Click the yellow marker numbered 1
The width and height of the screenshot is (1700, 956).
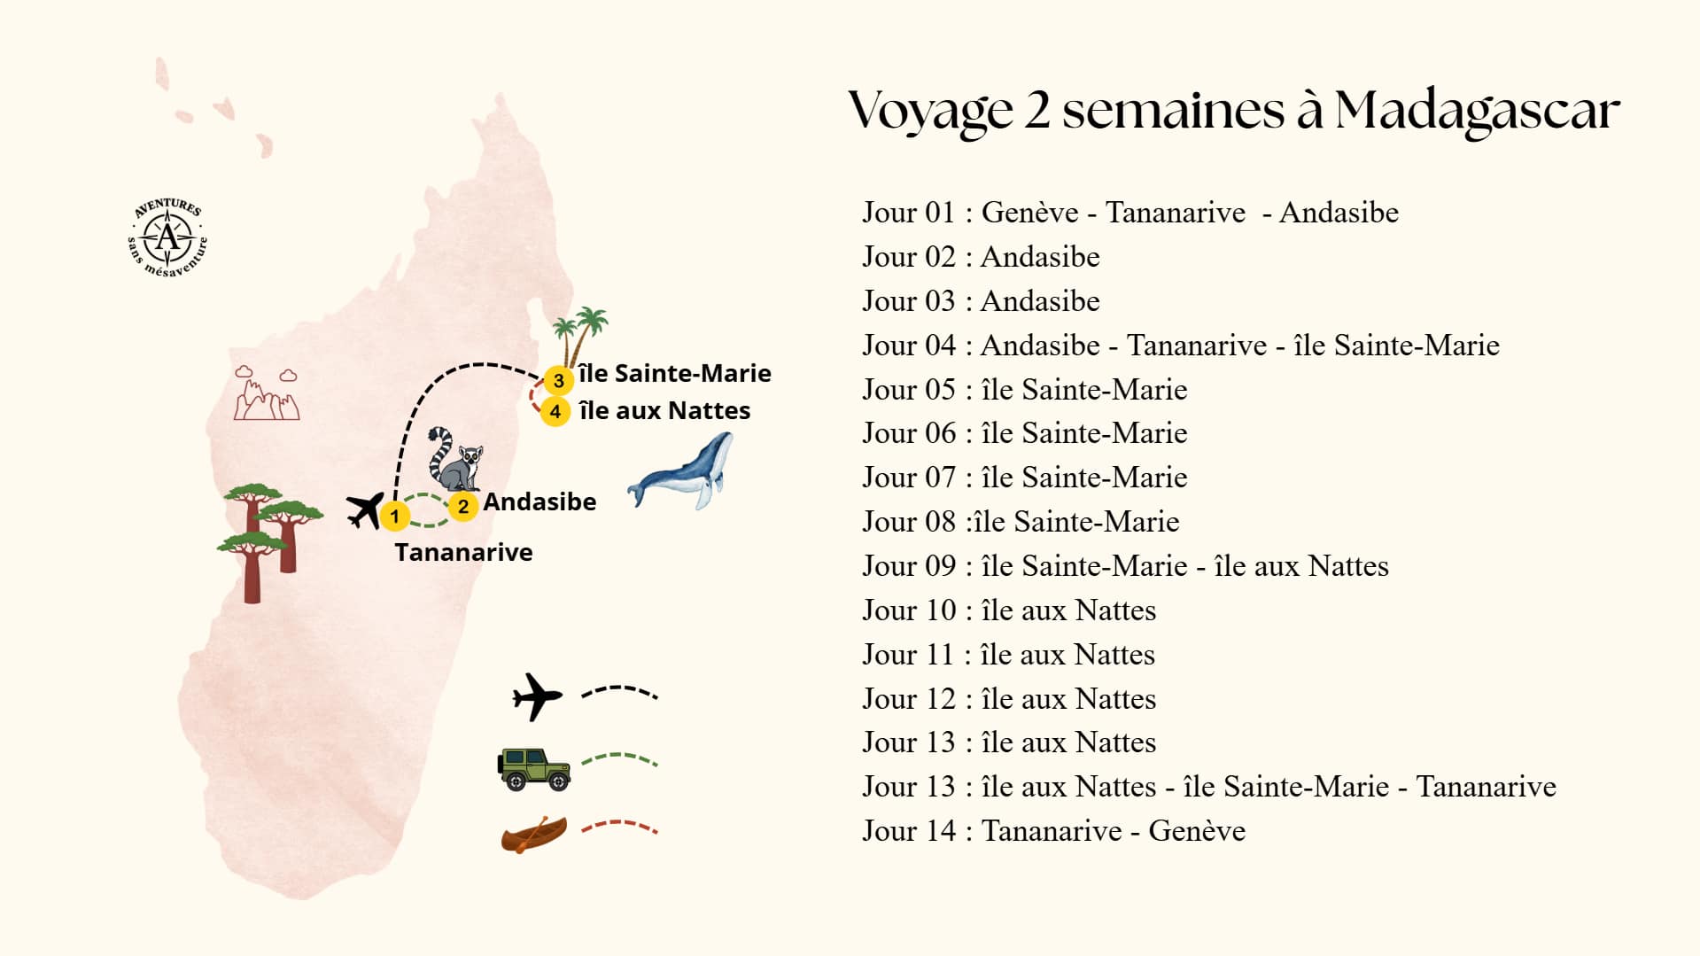394,516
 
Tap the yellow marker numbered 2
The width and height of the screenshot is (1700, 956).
462,507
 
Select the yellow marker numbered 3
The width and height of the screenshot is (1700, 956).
558,381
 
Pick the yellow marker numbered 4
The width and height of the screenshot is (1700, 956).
555,412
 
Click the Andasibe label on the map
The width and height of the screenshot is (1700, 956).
539,502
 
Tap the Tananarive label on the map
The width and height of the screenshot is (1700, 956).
463,553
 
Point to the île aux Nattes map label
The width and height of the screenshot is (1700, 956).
664,411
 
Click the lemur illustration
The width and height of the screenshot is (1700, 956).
455,459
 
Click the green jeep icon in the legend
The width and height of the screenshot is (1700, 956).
533,768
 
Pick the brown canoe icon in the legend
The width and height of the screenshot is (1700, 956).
533,835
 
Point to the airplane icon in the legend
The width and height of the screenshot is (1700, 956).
537,696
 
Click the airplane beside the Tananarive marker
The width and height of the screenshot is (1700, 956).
365,509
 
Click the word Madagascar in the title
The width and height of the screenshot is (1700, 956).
1477,111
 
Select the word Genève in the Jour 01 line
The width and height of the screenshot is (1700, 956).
1029,213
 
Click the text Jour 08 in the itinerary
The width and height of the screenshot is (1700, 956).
909,522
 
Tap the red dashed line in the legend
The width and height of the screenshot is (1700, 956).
619,828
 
